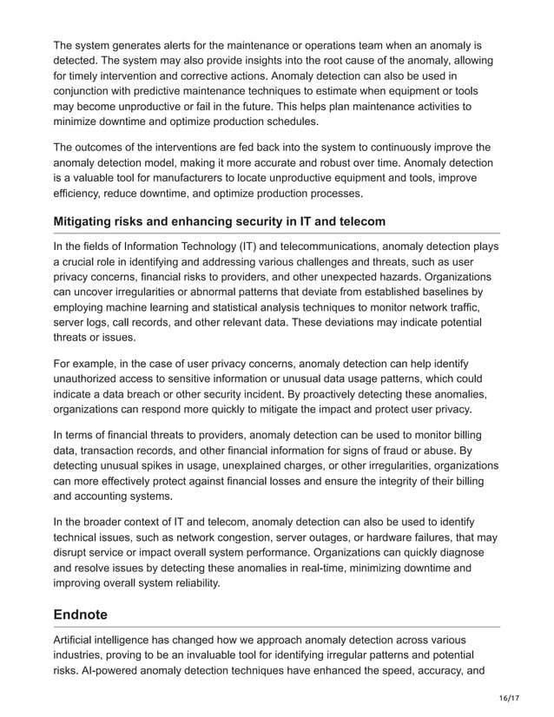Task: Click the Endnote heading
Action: tap(81, 614)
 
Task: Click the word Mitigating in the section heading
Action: tap(88, 221)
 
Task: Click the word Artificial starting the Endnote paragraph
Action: tap(78, 639)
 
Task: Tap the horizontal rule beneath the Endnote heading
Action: tap(277, 627)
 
